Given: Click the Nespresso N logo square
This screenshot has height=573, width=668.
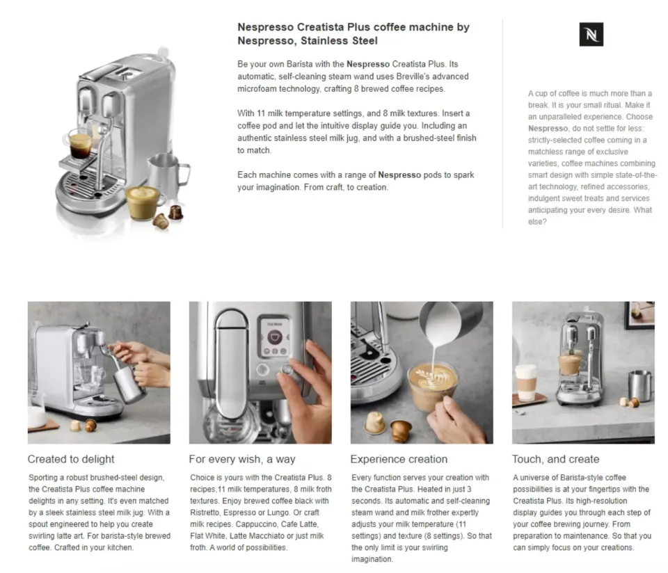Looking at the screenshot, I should coord(591,34).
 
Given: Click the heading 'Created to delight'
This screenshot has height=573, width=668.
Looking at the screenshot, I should coord(71,459).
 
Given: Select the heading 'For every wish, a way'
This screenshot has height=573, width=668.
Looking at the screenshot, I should coord(242,459).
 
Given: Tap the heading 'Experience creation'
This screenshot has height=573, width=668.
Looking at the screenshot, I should coord(399,459).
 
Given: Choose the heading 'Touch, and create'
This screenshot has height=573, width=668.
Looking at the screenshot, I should coord(555,459).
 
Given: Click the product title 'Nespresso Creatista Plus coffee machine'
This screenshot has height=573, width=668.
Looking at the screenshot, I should coord(353,27).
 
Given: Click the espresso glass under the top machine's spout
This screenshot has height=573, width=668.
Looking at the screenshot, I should coord(79,144).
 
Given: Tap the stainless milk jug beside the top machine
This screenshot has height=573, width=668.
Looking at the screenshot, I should coord(161,174).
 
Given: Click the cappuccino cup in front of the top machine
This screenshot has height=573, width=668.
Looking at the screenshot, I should coord(145,201).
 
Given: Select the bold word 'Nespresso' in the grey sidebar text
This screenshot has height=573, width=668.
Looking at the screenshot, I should coord(548,128).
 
